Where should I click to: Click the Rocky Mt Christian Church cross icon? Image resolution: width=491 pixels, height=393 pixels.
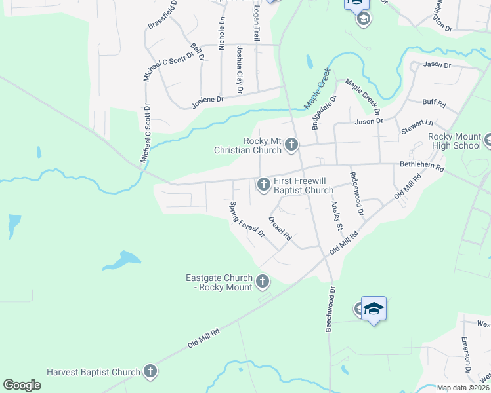(x=291, y=145)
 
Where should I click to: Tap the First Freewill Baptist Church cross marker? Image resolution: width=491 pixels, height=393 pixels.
(x=264, y=185)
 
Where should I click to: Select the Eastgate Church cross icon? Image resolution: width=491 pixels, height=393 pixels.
(x=263, y=282)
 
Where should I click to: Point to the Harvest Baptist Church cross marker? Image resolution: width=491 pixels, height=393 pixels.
(x=150, y=372)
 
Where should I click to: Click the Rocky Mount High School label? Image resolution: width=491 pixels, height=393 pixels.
(x=454, y=140)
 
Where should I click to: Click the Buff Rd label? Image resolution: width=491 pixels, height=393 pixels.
(x=434, y=103)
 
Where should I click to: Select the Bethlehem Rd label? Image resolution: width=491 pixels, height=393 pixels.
(x=421, y=168)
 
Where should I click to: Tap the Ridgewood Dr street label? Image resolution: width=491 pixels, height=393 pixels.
(x=357, y=194)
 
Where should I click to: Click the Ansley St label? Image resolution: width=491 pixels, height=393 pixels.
(x=337, y=215)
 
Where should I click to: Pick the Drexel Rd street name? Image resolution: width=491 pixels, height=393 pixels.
(x=280, y=229)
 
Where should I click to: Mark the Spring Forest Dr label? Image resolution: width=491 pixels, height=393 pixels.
(x=246, y=220)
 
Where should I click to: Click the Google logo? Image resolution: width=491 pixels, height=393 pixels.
(x=22, y=385)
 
